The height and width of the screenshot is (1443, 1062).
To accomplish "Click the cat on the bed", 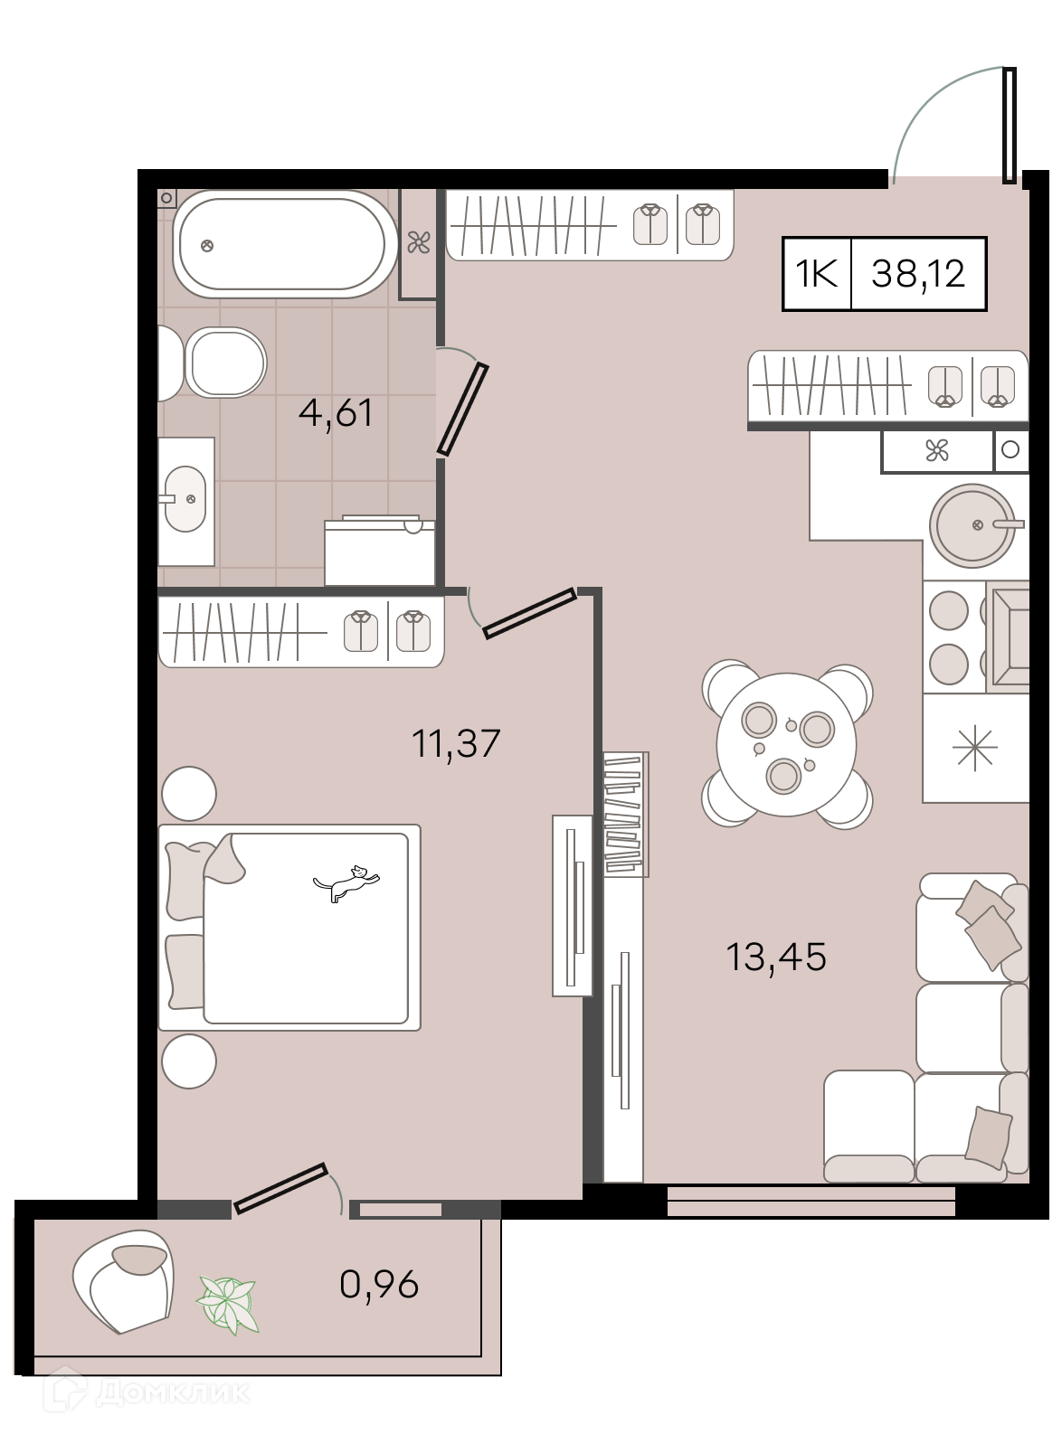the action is pos(346,882).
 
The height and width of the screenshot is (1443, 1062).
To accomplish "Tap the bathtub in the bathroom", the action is pos(284,244).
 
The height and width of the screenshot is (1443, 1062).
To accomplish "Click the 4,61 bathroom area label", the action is pos(336,413).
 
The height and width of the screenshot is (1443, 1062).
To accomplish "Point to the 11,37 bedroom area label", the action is pos(456,743).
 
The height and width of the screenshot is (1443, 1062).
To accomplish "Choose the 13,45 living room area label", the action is pos(776,956).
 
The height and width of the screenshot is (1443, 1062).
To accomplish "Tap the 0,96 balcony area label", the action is pos(379,1284).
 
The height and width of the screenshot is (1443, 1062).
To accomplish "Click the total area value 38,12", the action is pos(918,273).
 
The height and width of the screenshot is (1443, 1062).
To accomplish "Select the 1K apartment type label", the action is pos(817,274).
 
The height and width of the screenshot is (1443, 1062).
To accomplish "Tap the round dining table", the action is pos(786,744).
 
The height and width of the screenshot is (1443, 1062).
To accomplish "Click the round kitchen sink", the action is pos(972,525).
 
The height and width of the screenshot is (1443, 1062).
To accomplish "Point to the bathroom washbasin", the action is pos(185,499).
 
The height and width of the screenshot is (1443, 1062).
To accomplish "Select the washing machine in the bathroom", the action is pos(379,552).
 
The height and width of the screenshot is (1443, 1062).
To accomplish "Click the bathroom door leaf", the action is pos(462,410).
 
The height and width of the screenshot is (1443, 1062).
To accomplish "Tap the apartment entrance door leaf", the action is pos(1010,125).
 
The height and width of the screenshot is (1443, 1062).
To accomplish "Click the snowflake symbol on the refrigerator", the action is pos(975,747).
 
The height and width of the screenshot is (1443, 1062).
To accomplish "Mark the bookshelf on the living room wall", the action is pos(626,815).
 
